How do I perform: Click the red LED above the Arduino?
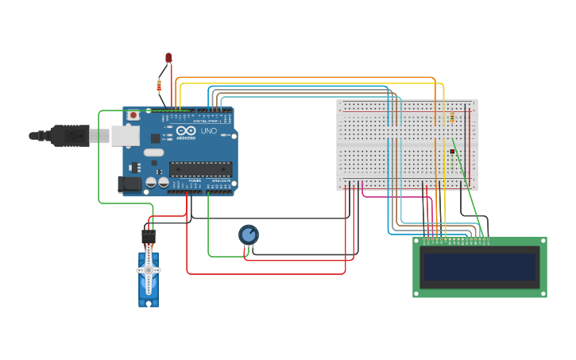click(x=168, y=58)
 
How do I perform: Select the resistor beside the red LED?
click(x=160, y=85)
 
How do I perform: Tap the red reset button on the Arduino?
click(x=133, y=115)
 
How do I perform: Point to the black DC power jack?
click(x=130, y=184)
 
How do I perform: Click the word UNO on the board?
click(x=209, y=131)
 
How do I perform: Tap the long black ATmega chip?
click(x=200, y=168)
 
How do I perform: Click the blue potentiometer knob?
click(x=249, y=234)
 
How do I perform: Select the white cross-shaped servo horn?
click(x=149, y=270)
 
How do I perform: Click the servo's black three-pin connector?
click(x=149, y=237)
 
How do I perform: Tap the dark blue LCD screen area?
click(x=480, y=268)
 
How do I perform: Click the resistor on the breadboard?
click(x=452, y=118)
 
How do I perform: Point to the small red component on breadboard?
click(x=452, y=151)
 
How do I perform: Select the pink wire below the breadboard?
click(x=397, y=195)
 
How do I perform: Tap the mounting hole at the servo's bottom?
click(x=149, y=301)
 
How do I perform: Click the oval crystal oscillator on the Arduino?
click(x=154, y=153)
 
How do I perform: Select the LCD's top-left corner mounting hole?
click(x=417, y=242)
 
